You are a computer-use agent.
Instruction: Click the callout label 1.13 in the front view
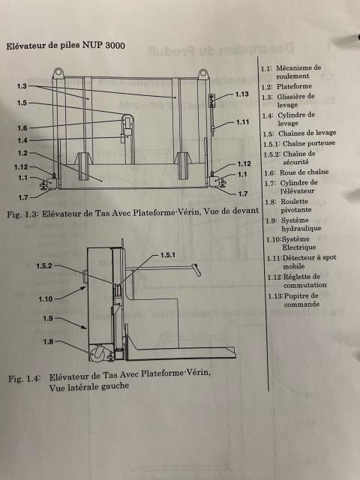pos(241,94)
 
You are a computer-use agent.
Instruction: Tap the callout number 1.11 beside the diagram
pos(242,122)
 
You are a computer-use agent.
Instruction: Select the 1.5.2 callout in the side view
pos(44,266)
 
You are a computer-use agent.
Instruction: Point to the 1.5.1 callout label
pos(168,255)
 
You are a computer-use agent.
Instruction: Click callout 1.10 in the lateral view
pos(46,298)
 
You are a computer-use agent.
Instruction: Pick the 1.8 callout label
pos(48,342)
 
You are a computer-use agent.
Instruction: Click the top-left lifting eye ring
pos(58,73)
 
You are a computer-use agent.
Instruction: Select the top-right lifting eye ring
pos(203,74)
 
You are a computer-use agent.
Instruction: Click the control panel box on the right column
pos(211,100)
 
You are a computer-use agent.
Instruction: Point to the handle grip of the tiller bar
pos(197,270)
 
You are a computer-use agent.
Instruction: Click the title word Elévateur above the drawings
pos(25,46)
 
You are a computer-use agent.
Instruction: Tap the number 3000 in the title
pos(115,46)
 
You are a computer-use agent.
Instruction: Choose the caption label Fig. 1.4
pos(24,379)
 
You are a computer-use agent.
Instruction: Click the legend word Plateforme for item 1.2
pos(294,87)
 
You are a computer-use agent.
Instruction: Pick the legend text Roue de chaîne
pos(304,172)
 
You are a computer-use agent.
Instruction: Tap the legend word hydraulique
pos(301,228)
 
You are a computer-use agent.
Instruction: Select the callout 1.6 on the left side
pos(22,128)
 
